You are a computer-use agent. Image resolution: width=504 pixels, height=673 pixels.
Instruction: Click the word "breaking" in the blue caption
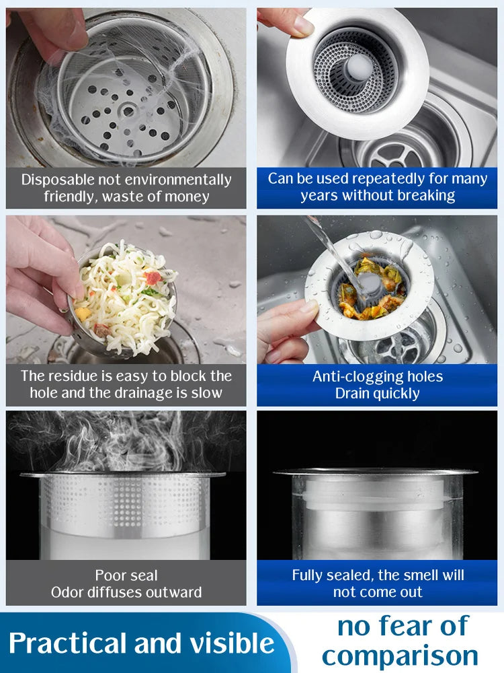(427, 196)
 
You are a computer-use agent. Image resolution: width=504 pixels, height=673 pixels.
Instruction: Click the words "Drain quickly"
(377, 393)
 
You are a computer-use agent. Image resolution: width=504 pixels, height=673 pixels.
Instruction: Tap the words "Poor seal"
(126, 575)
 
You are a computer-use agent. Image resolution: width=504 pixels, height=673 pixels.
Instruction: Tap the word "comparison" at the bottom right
(399, 655)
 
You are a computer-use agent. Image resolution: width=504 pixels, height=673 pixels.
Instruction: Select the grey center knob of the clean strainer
(360, 67)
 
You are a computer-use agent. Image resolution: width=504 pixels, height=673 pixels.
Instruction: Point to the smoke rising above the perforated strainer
(121, 441)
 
